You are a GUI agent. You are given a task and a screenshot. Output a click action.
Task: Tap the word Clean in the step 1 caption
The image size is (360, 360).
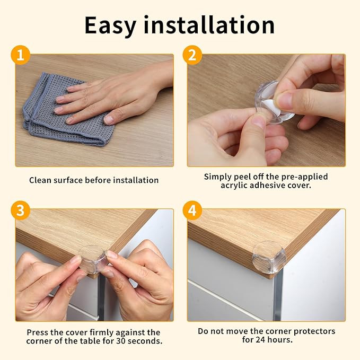click(40, 180)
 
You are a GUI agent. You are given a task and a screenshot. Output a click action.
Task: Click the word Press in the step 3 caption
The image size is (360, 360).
click(38, 332)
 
